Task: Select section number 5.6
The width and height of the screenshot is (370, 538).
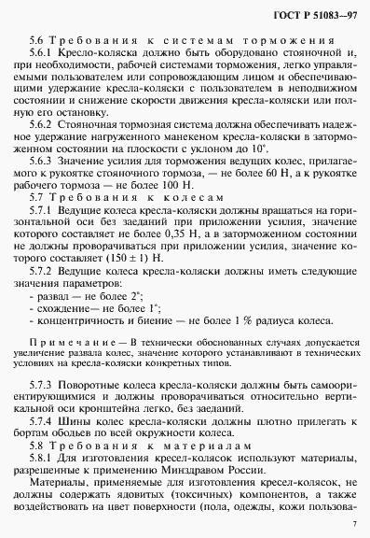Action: pyautogui.click(x=36, y=42)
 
